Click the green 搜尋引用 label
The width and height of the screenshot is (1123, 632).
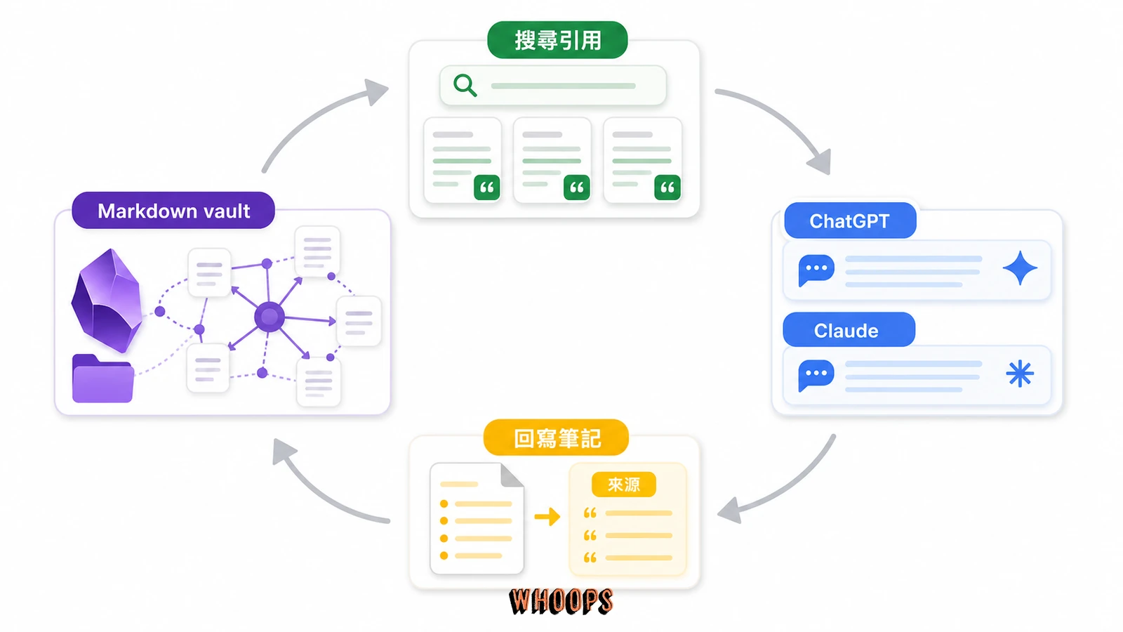pyautogui.click(x=557, y=39)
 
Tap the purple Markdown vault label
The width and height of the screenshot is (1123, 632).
pyautogui.click(x=173, y=211)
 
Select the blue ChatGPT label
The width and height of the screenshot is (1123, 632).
pyautogui.click(x=850, y=220)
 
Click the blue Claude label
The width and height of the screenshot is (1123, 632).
pyautogui.click(x=849, y=330)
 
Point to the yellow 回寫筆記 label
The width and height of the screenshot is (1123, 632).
pyautogui.click(x=556, y=438)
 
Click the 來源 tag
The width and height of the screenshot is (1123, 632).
pyautogui.click(x=624, y=485)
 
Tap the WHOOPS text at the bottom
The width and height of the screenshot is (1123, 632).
pyautogui.click(x=561, y=601)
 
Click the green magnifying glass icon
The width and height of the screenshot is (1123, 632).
pyautogui.click(x=465, y=85)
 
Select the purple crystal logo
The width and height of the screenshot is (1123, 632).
pyautogui.click(x=107, y=301)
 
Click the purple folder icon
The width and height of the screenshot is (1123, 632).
pyautogui.click(x=102, y=378)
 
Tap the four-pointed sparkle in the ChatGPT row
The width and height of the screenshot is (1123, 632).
pyautogui.click(x=1020, y=268)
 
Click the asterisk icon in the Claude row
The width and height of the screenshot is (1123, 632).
pyautogui.click(x=1020, y=374)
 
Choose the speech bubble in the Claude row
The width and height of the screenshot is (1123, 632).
pyautogui.click(x=816, y=375)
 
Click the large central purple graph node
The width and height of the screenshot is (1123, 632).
pyautogui.click(x=270, y=317)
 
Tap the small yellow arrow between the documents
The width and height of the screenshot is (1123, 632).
pyautogui.click(x=547, y=516)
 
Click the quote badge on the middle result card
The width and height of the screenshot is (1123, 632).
pyautogui.click(x=576, y=187)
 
